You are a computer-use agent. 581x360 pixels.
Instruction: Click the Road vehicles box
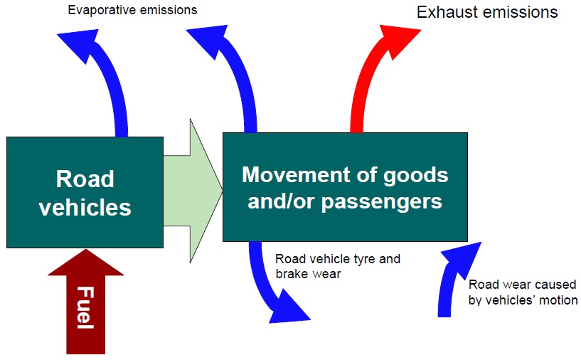pyautogui.click(x=85, y=191)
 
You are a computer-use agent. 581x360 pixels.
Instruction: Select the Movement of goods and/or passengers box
pyautogui.click(x=345, y=187)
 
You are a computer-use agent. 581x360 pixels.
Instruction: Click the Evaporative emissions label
pyautogui.click(x=132, y=11)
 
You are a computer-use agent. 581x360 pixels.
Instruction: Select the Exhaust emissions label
pyautogui.click(x=487, y=12)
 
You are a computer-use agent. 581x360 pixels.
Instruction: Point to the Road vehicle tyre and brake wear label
pyautogui.click(x=338, y=266)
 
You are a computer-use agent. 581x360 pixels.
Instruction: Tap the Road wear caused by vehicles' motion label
pyautogui.click(x=523, y=292)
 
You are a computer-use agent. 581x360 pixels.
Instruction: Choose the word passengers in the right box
pyautogui.click(x=383, y=201)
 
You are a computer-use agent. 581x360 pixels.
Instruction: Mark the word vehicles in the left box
pyautogui.click(x=85, y=207)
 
